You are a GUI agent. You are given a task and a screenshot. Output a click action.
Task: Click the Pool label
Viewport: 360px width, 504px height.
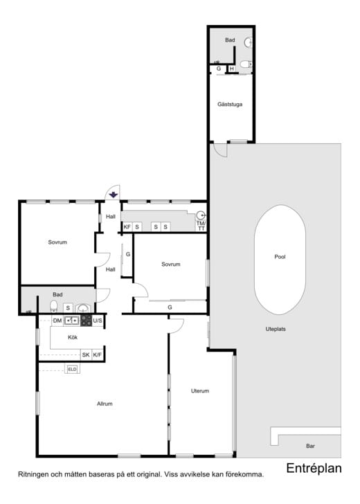(x=280, y=257)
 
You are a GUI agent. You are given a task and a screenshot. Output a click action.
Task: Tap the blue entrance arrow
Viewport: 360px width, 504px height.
(x=113, y=195)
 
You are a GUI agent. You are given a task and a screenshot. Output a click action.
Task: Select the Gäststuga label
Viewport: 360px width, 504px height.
(x=230, y=104)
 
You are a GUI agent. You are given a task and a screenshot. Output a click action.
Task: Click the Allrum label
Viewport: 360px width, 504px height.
(x=105, y=404)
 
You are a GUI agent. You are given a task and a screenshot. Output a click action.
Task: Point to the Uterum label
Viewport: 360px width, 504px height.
(x=200, y=391)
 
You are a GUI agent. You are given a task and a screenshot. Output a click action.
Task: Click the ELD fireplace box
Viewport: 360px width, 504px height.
(x=72, y=369)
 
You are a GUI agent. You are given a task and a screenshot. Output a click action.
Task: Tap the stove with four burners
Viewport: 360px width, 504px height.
(x=86, y=321)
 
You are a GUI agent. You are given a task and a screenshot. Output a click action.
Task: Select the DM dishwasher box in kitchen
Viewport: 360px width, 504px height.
(x=57, y=321)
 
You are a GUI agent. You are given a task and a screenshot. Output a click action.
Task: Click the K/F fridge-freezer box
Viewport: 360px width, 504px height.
(x=98, y=355)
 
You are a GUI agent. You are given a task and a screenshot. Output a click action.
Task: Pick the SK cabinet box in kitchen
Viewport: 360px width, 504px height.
(x=86, y=355)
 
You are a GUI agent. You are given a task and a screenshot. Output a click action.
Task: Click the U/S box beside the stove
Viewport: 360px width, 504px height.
(x=98, y=321)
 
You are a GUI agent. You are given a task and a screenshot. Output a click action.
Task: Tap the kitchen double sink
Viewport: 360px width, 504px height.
(x=72, y=321)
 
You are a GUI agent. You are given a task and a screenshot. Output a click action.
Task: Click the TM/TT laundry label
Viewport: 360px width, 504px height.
(x=201, y=226)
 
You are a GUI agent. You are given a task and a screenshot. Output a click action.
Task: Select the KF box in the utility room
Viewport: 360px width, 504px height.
(x=127, y=227)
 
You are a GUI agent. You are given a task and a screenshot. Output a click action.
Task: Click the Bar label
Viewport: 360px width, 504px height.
(x=310, y=446)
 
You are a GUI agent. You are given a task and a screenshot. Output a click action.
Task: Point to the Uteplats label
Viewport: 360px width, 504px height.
(x=276, y=329)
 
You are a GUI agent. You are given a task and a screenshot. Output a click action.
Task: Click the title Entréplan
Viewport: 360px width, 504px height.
(x=314, y=468)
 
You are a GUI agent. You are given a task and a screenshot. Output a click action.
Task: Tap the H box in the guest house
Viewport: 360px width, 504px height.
(x=232, y=69)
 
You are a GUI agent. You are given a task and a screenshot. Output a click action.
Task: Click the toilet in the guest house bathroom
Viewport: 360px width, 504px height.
(x=246, y=64)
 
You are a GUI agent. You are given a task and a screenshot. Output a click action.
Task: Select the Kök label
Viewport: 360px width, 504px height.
(x=73, y=337)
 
